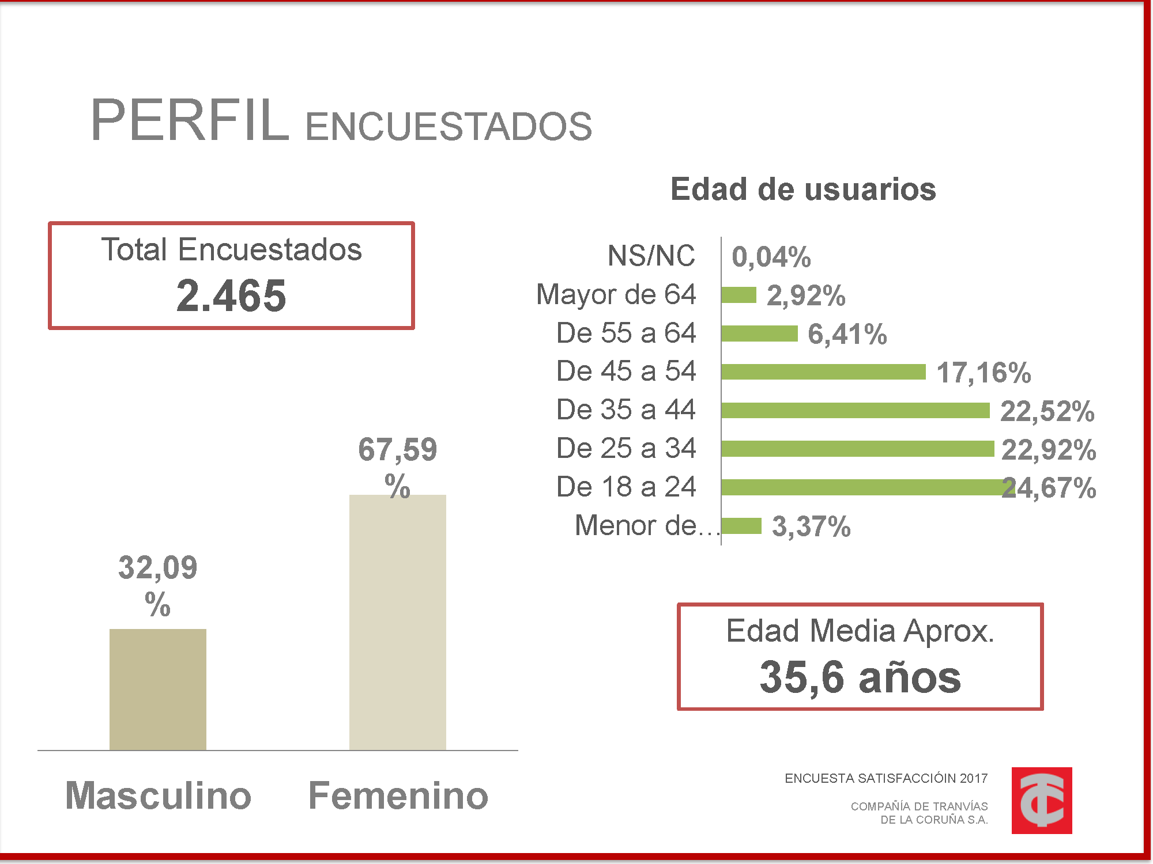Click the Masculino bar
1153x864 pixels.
pos(157,689)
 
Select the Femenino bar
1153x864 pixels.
pos(397,622)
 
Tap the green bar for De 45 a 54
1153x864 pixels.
pos(823,372)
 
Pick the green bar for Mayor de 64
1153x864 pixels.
pos(738,295)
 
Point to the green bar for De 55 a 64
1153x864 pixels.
pos(759,334)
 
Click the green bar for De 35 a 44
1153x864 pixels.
pos(855,411)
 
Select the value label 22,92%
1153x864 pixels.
pos(1048,450)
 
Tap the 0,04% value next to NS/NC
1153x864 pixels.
pos(771,257)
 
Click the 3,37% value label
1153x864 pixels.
pos(811,526)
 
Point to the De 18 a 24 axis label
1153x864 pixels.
pos(626,487)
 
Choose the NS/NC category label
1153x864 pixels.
pos(651,256)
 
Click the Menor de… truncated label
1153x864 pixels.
pos(646,525)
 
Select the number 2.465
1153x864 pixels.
pos(231,296)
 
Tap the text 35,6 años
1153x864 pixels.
pos(860,677)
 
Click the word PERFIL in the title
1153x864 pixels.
pos(190,121)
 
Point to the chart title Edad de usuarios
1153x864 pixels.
pos(803,190)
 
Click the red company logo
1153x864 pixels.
pos(1041,800)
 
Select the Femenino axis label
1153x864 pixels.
pos(398,795)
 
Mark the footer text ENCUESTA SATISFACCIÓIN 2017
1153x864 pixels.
pos(886,779)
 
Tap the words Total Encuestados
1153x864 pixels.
pos(231,250)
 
